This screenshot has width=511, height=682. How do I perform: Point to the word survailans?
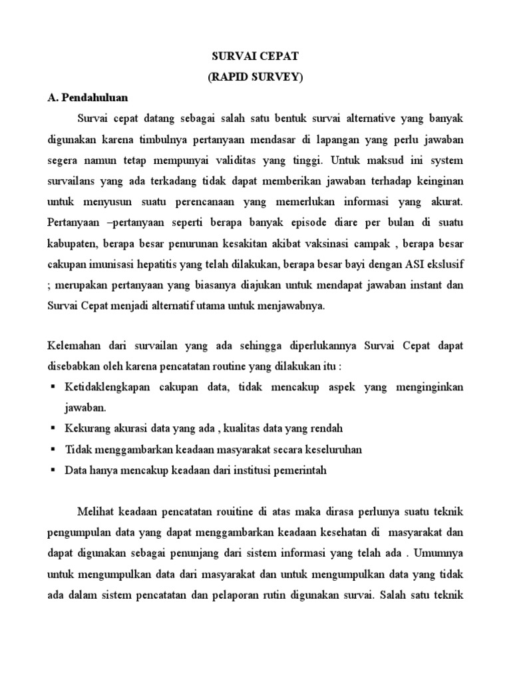[75, 181]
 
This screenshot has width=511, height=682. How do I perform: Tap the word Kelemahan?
[76, 347]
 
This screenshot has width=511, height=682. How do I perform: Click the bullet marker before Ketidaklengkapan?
[52, 388]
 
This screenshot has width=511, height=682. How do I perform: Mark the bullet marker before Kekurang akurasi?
[52, 429]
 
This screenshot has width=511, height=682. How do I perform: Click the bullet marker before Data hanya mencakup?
[52, 470]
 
